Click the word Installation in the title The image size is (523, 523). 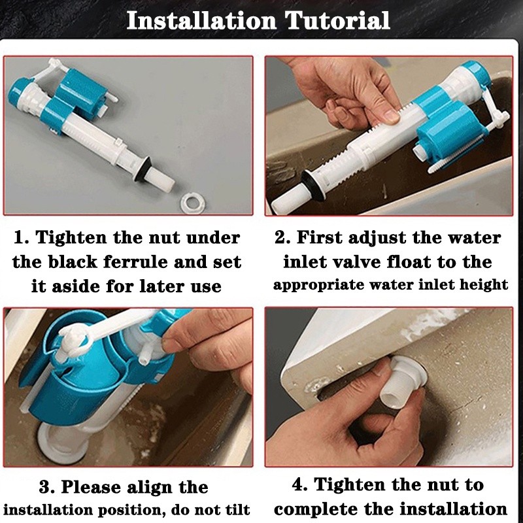coord(201,20)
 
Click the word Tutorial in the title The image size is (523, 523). coord(337,20)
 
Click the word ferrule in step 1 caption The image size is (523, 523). coord(135,262)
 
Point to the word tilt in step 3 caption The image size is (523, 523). coord(237,510)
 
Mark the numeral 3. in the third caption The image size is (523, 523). coord(46,487)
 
